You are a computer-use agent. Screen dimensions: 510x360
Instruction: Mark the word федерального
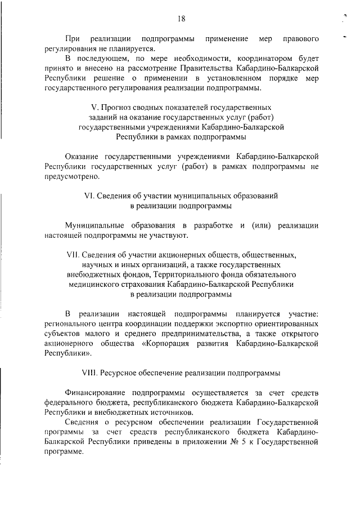[71, 403]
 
